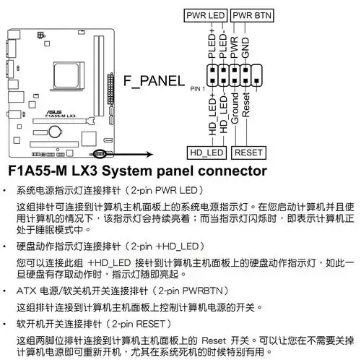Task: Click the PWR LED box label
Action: click(x=206, y=14)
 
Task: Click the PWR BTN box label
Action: click(x=252, y=14)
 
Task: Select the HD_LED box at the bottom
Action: click(x=206, y=153)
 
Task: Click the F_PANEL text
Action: click(x=154, y=80)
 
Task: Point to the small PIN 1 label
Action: click(x=198, y=88)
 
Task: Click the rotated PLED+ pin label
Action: click(x=212, y=44)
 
